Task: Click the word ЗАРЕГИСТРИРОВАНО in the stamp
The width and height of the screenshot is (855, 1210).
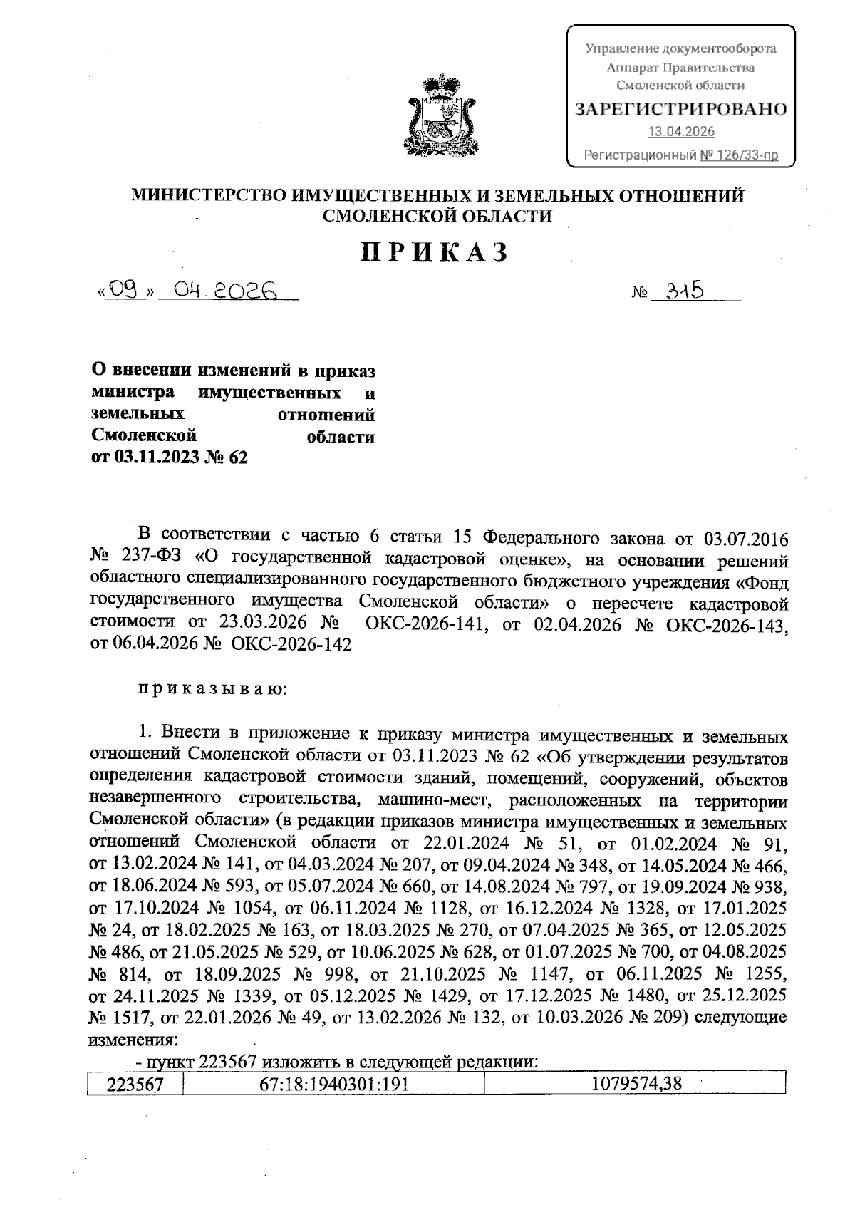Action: (x=680, y=109)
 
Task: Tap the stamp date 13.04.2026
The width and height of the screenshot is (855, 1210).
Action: (x=680, y=132)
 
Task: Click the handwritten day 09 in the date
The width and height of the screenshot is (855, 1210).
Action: (x=125, y=291)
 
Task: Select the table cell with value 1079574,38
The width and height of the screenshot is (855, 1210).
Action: (x=636, y=1084)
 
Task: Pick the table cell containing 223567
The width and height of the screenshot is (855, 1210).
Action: (x=135, y=1084)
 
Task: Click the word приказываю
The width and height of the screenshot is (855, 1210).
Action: (x=212, y=689)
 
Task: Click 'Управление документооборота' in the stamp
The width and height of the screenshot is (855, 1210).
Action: (x=680, y=49)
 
